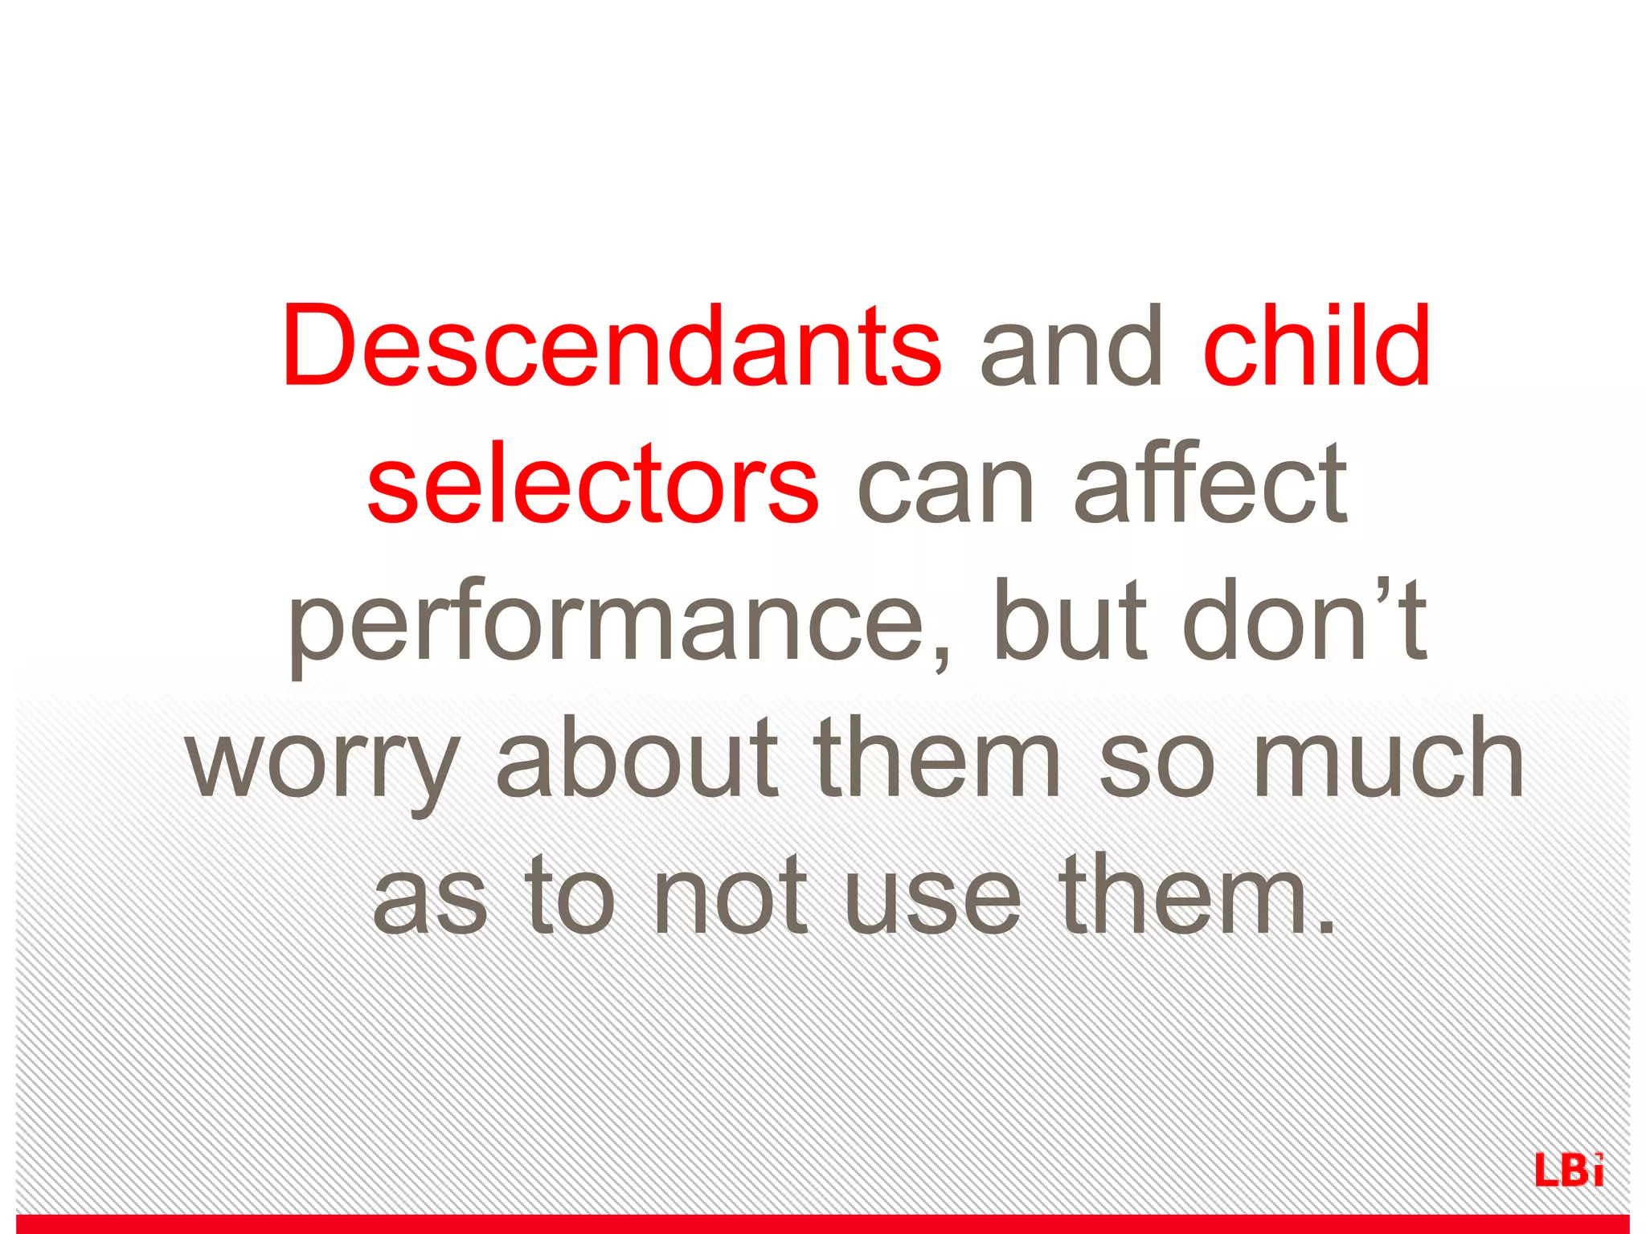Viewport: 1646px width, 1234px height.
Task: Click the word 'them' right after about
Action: click(936, 758)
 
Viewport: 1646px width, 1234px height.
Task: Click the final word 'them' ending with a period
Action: click(1189, 897)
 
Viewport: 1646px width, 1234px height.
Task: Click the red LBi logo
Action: click(1569, 1170)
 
